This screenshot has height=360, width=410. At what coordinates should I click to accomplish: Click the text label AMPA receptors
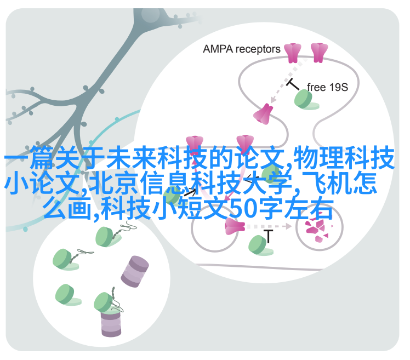click(x=241, y=49)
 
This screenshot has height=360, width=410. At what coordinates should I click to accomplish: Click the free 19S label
click(x=327, y=87)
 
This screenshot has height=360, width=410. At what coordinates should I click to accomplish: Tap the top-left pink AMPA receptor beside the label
click(x=292, y=53)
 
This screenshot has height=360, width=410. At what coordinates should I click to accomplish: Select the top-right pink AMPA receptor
click(x=319, y=53)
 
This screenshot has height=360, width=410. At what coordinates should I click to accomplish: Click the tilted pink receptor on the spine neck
click(x=263, y=114)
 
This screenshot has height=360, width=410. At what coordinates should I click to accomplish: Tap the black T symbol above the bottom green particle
click(x=268, y=236)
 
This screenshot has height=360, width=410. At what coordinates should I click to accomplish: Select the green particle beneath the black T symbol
click(x=260, y=245)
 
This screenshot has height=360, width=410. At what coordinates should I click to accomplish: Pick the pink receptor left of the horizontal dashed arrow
click(x=235, y=226)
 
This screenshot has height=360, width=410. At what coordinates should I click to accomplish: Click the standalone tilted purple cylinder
click(x=135, y=272)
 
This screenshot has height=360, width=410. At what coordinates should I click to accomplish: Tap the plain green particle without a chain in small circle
click(x=67, y=295)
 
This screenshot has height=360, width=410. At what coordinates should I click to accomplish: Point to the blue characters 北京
click(x=114, y=183)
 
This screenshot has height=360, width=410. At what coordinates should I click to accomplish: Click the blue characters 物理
click(x=318, y=158)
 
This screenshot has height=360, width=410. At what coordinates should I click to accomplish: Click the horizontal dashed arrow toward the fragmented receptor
click(x=269, y=226)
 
